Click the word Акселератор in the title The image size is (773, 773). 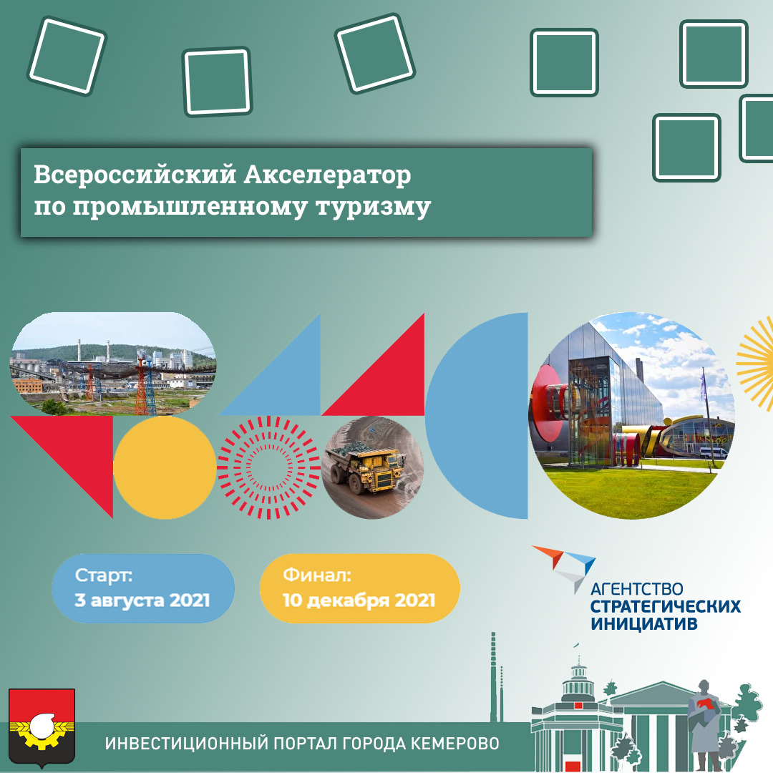(x=327, y=175)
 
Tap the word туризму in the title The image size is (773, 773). (x=373, y=208)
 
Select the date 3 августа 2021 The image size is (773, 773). (x=142, y=601)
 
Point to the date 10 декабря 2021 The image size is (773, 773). (x=359, y=601)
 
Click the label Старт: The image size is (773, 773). (x=104, y=575)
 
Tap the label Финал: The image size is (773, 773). (x=317, y=575)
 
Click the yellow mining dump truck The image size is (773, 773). (x=368, y=468)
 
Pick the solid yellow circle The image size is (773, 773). (x=165, y=467)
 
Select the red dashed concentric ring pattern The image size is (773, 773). (x=268, y=467)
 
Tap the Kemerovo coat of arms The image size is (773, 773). (x=42, y=728)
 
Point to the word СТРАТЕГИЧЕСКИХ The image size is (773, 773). (x=666, y=606)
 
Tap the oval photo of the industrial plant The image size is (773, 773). (x=113, y=364)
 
